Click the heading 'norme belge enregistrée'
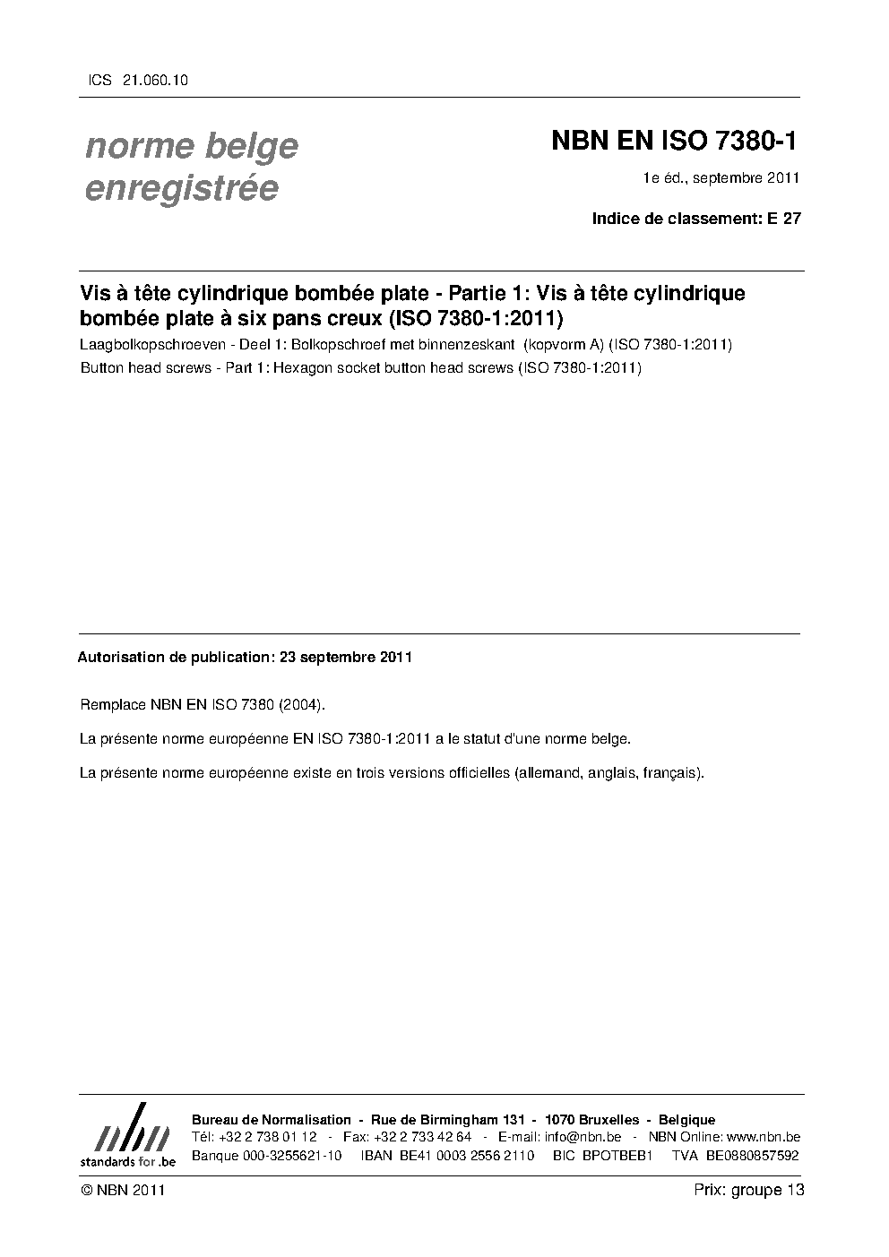191,167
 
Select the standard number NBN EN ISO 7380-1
673,142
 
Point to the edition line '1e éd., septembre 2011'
721,178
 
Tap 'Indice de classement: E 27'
695,219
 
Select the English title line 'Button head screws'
360,367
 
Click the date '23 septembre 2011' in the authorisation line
346,657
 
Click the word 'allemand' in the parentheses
548,772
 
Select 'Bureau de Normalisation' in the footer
272,1120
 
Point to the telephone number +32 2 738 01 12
266,1137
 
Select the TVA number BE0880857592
752,1155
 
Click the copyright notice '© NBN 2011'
122,1190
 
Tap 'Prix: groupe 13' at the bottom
748,1190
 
